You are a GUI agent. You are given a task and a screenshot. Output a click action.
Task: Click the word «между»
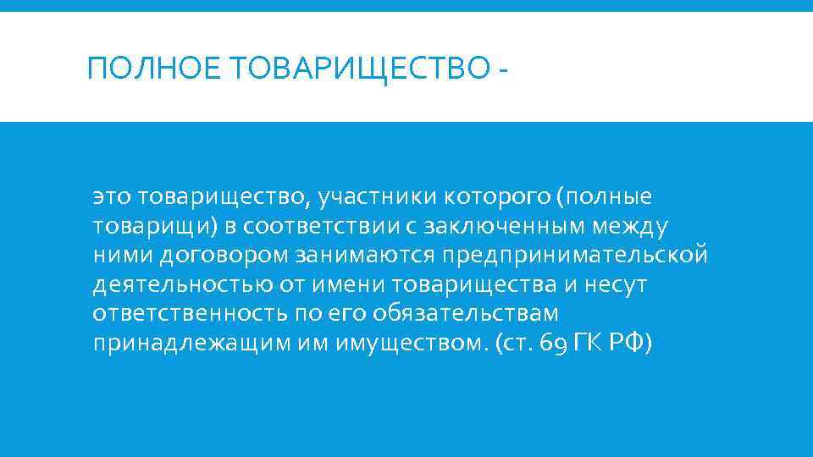click(x=635, y=227)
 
